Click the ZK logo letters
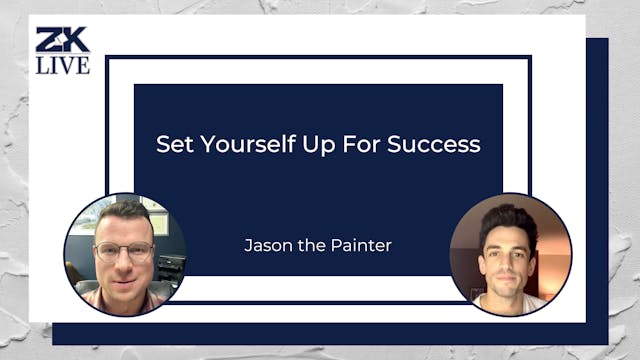pos(62,41)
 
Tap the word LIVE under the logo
pos(62,65)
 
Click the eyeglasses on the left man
pos(124,250)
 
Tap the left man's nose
pos(125,258)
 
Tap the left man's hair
pos(123,209)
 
